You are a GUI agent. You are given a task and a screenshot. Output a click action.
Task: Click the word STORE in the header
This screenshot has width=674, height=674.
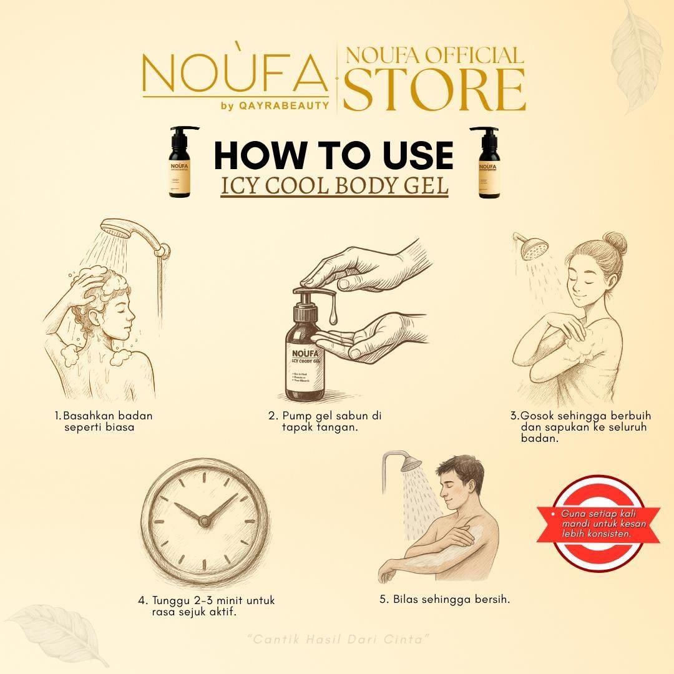[434, 91]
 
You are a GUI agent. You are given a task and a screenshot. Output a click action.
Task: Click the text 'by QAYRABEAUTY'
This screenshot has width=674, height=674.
[275, 105]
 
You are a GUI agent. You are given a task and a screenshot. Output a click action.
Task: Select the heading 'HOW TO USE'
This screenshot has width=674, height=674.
[333, 155]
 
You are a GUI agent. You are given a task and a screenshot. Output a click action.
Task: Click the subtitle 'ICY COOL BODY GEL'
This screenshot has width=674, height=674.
[335, 187]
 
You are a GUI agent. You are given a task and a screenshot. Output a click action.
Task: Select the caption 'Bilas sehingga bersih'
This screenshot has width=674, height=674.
[445, 599]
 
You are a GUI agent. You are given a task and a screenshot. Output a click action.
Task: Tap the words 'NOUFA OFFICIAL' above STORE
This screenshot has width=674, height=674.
[434, 56]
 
